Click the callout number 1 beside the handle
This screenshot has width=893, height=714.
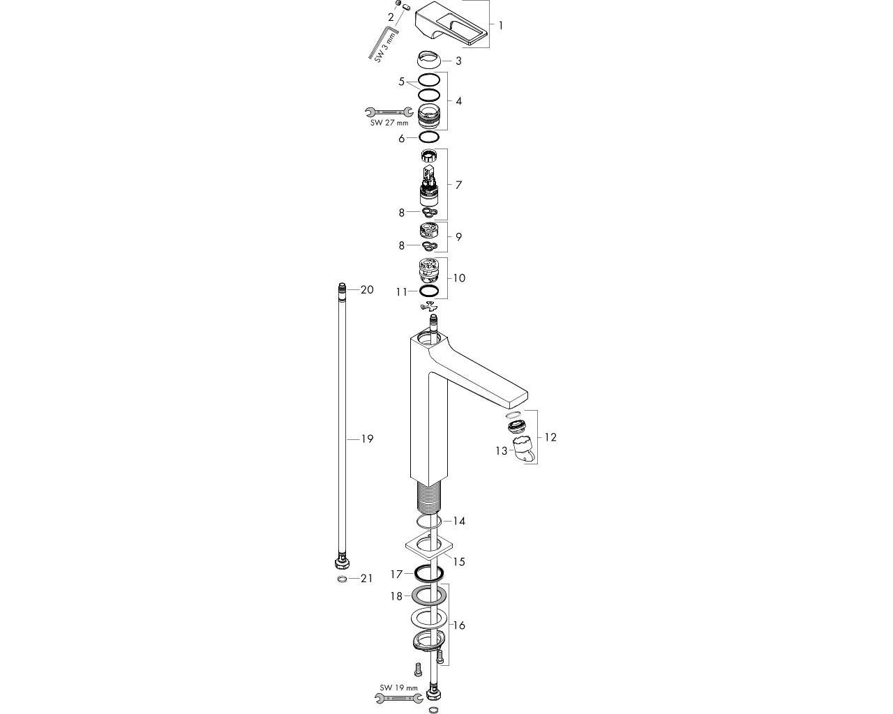pyautogui.click(x=500, y=26)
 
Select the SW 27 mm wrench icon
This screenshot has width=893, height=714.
pyautogui.click(x=389, y=112)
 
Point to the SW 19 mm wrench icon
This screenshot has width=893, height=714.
pyautogui.click(x=399, y=698)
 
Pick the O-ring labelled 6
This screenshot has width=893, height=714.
pyautogui.click(x=428, y=136)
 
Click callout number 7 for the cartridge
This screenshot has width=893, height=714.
pyautogui.click(x=458, y=185)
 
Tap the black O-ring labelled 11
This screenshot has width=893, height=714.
pyautogui.click(x=428, y=291)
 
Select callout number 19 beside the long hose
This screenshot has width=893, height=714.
pyautogui.click(x=367, y=439)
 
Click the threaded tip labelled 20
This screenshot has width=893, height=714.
pyautogui.click(x=342, y=289)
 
